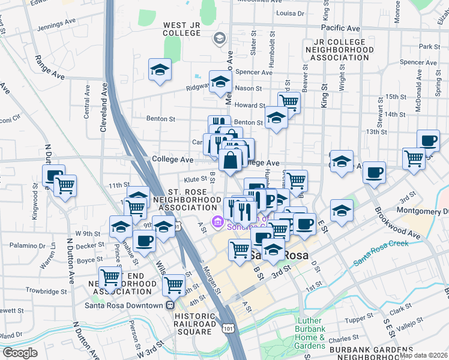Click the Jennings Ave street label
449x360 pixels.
tap(56, 28)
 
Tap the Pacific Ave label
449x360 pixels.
tap(340, 28)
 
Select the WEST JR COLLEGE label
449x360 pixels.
tap(182, 29)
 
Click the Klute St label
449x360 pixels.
tap(195, 179)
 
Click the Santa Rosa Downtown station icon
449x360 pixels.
tap(170, 305)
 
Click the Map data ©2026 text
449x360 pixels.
tap(423, 355)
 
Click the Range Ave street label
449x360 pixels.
tap(49, 67)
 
